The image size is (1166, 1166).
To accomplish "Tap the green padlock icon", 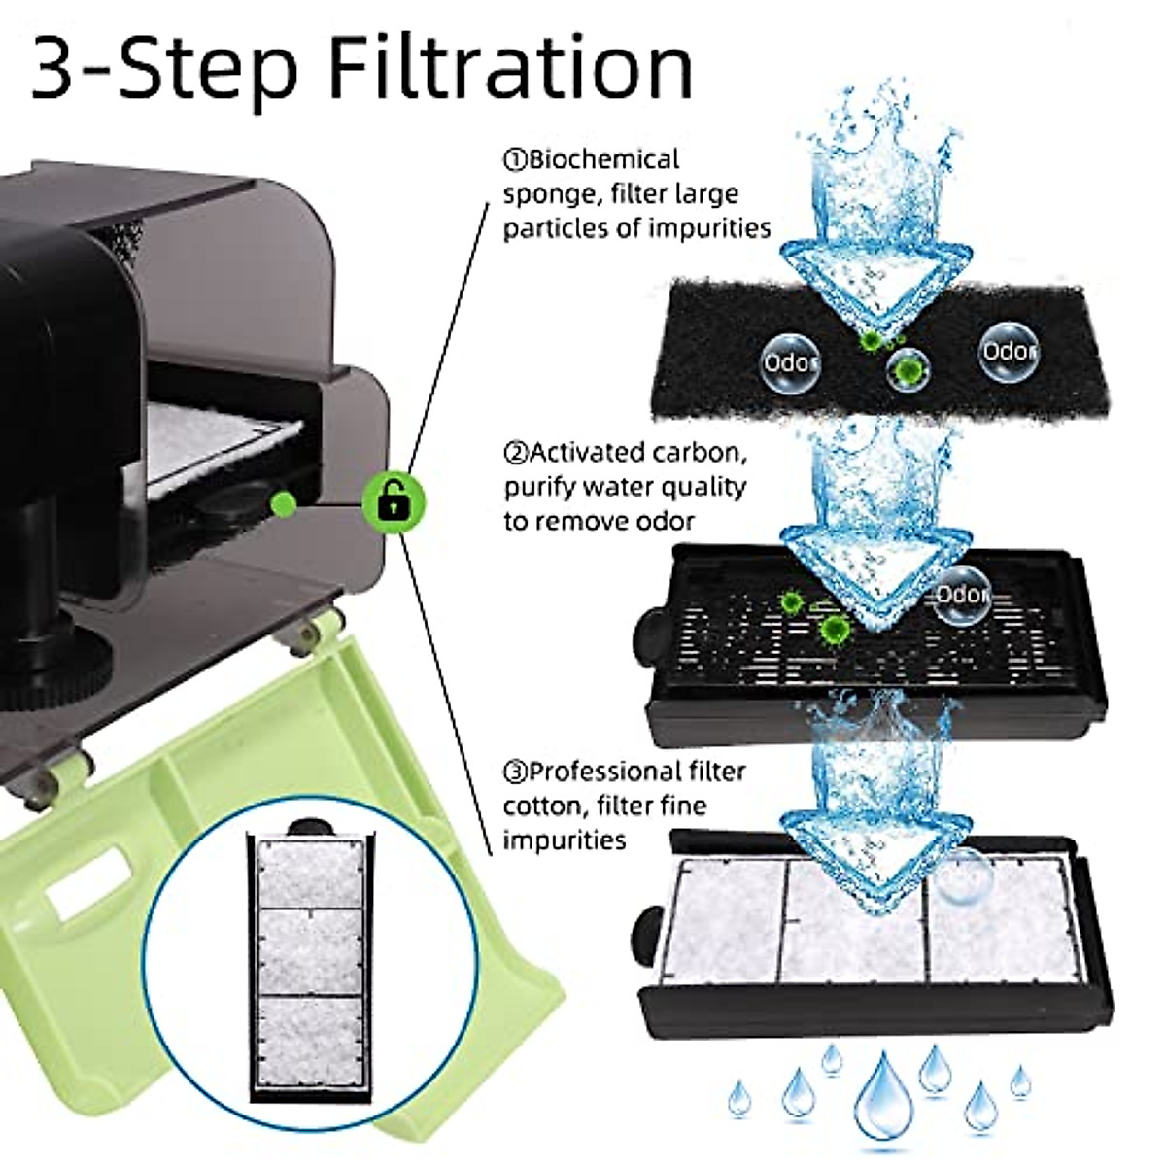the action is (394, 503).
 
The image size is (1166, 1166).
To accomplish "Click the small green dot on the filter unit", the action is (283, 503).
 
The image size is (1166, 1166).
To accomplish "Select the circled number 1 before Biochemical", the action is (516, 160).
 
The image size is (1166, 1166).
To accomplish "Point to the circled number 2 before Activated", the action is (516, 453).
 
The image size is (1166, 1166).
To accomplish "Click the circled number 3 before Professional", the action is (516, 772).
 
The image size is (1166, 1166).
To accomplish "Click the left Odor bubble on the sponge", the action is (790, 362).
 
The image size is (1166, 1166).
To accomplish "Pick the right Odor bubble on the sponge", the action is (1009, 352).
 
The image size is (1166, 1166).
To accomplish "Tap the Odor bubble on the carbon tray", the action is (962, 596).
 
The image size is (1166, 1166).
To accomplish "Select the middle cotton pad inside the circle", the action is (310, 958).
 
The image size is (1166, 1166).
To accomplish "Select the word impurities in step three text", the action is (565, 841).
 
